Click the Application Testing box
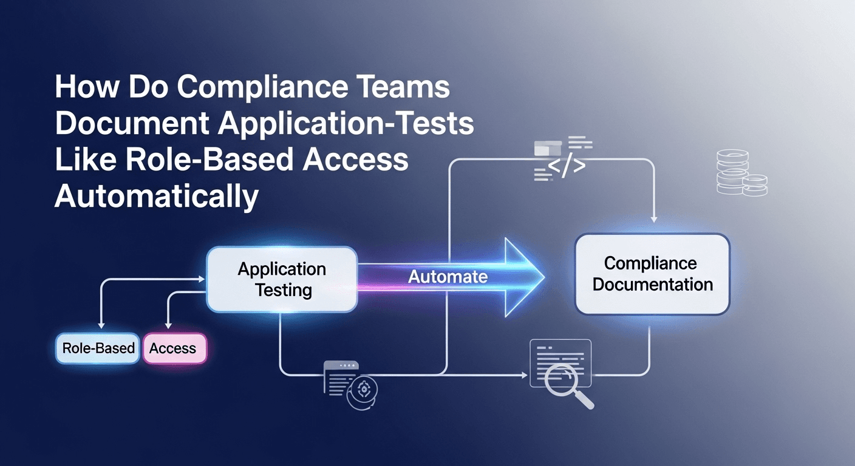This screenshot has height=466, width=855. coord(282,279)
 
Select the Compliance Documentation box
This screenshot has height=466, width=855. coord(652,274)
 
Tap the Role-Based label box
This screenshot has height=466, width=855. coord(98,348)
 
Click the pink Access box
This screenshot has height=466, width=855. coord(174,348)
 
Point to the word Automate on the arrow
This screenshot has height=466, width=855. coord(448,277)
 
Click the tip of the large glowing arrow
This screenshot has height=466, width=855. coord(542,277)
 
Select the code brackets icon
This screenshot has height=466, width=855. coord(565,166)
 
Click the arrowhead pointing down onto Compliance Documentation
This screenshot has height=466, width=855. coord(653,219)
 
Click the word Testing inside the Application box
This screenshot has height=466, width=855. coord(283,290)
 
